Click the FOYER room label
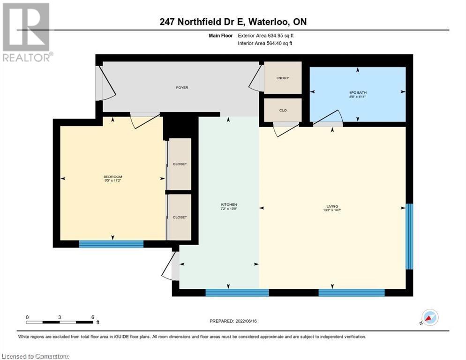(182, 88)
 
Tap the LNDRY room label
(282, 78)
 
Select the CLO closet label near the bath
(282, 111)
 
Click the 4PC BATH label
(357, 92)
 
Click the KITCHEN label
(229, 204)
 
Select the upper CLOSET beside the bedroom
(180, 164)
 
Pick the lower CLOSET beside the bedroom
(180, 217)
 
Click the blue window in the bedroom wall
(111, 243)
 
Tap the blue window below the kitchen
(237, 293)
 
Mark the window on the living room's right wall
(409, 236)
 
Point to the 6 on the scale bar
(93, 317)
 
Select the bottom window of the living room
(351, 293)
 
